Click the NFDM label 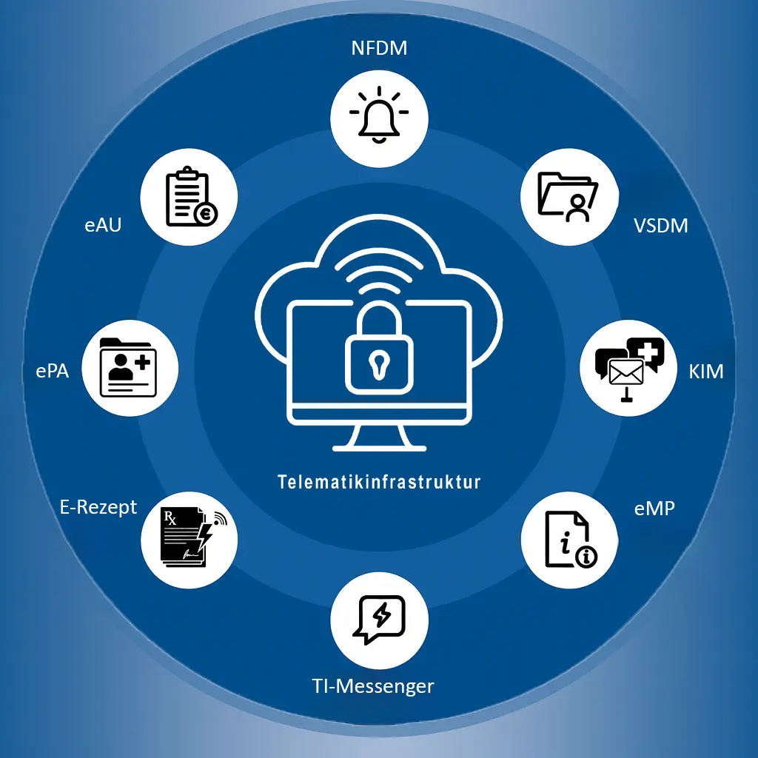pos(380,50)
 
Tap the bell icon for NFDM pos(379,115)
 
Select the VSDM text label pos(660,225)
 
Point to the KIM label pos(705,371)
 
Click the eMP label pos(654,509)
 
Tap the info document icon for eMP pos(568,539)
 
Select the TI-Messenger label pos(372,686)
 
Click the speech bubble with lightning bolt pos(380,618)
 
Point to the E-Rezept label pos(98,507)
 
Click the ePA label pos(52,371)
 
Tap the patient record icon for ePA pos(129,367)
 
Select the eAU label pos(103,225)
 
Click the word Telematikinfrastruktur pos(379,482)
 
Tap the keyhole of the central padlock pos(379,363)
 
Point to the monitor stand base pos(379,447)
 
